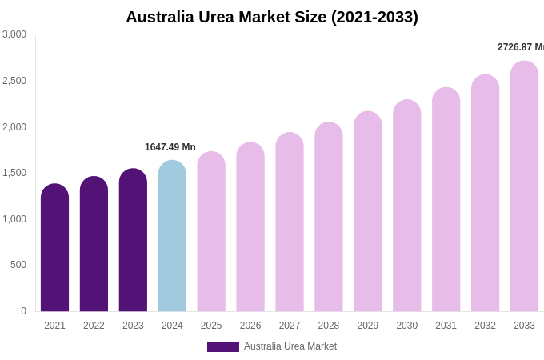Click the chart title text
click(272, 17)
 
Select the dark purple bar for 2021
click(54, 248)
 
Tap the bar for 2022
click(94, 244)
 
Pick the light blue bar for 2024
click(172, 236)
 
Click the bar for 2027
click(290, 222)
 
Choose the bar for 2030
click(406, 206)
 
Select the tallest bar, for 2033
click(524, 186)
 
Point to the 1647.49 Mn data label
click(170, 147)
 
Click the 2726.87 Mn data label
click(520, 47)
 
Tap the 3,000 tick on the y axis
click(14, 34)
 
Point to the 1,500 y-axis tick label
click(14, 173)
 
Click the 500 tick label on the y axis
click(18, 265)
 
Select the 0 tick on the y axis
click(23, 311)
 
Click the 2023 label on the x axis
click(133, 326)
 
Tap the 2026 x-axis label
click(250, 326)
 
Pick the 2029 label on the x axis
click(368, 326)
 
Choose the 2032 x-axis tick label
click(485, 326)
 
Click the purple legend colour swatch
click(223, 347)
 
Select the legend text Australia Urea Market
click(290, 346)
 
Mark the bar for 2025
click(211, 232)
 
